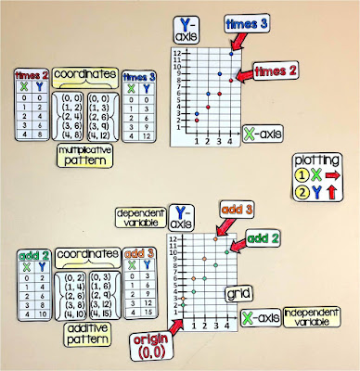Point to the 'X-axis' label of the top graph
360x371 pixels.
[262, 133]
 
